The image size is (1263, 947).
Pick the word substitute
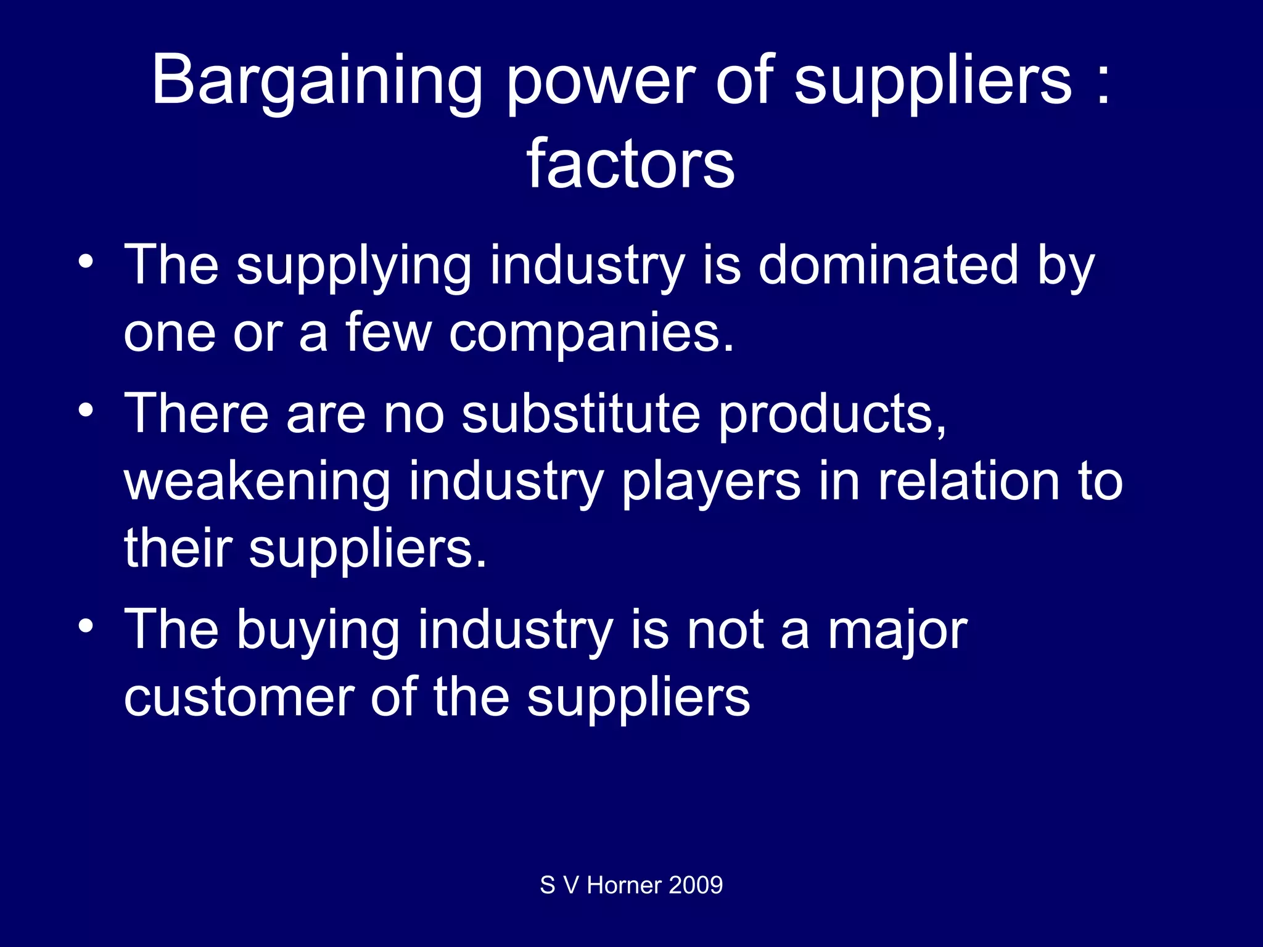tap(581, 414)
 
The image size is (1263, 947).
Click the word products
tap(833, 415)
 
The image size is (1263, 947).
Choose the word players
tap(711, 482)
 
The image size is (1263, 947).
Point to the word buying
tap(318, 631)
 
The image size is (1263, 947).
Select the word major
tap(897, 631)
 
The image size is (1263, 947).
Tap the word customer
tap(239, 697)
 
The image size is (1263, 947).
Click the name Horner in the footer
tap(623, 885)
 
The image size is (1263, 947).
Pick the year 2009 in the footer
tap(696, 885)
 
